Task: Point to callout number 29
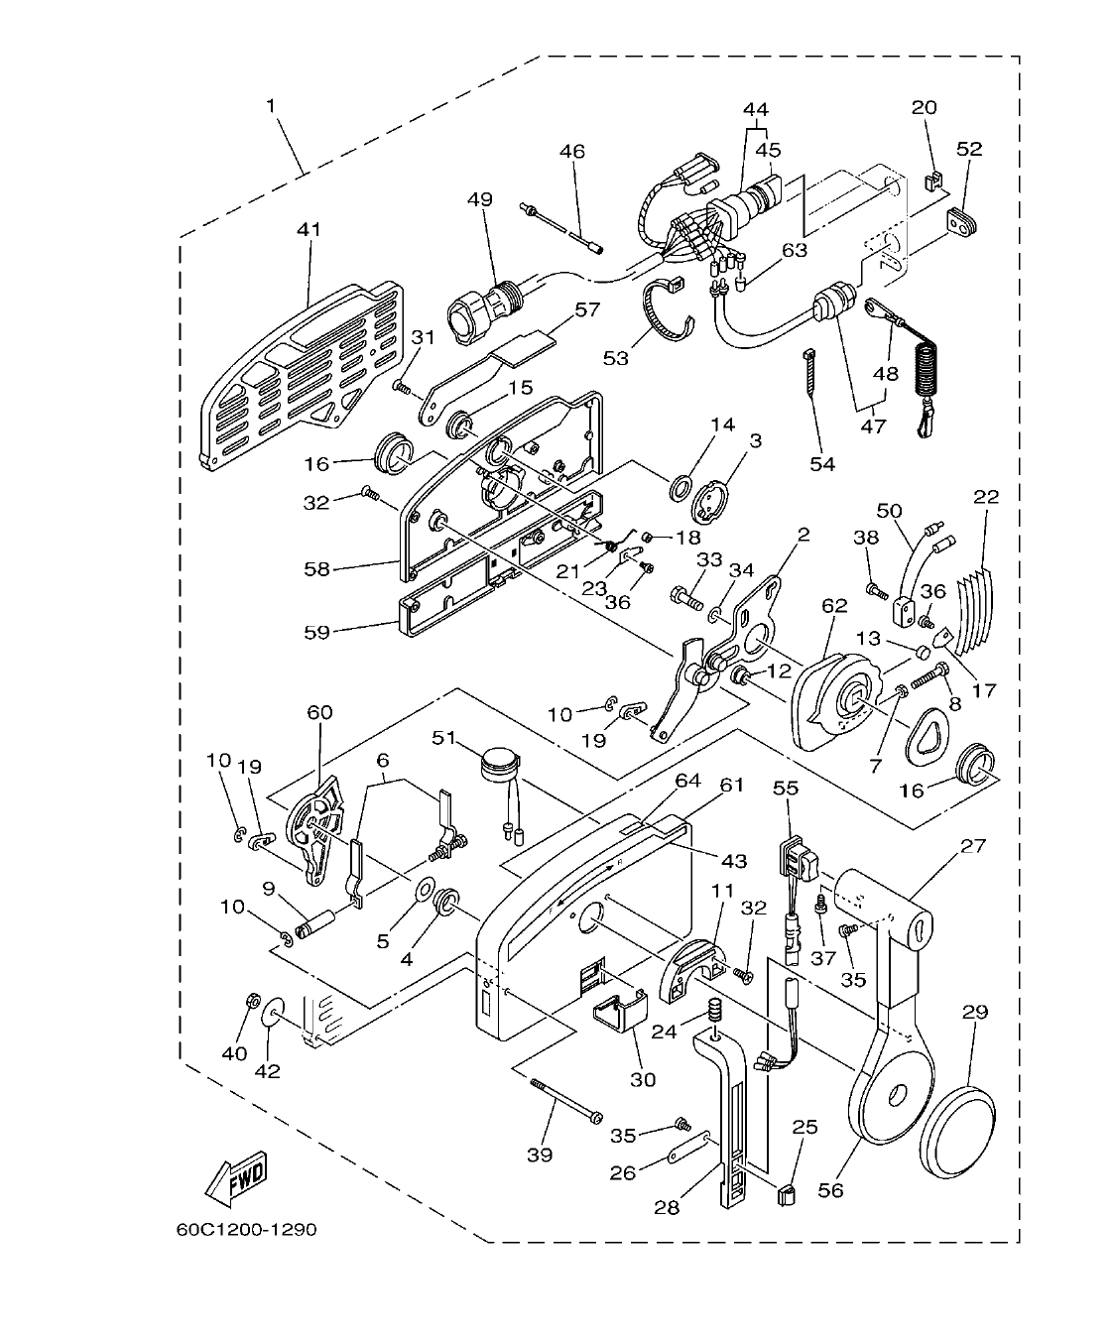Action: pos(975,1012)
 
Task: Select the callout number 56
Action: pos(830,1190)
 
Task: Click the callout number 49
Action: pos(480,199)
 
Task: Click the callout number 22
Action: pos(986,496)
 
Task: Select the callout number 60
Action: pos(319,712)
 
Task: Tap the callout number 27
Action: pos(973,847)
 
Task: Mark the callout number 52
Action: pos(969,149)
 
